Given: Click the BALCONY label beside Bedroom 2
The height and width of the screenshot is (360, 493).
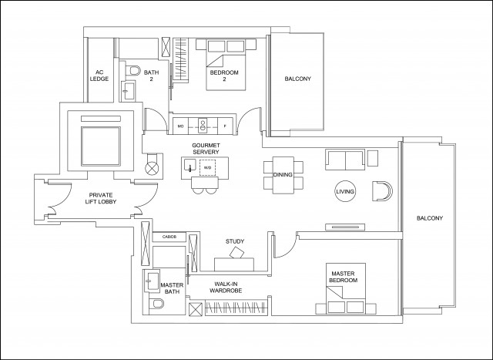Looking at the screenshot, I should [x=297, y=79].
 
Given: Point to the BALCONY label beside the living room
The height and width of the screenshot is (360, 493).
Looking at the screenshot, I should [x=429, y=218].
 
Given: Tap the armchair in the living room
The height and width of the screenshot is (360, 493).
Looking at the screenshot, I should [x=381, y=190].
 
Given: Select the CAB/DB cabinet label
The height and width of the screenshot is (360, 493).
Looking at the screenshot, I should [x=170, y=237].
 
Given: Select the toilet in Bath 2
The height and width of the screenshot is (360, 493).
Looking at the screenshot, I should [x=133, y=73].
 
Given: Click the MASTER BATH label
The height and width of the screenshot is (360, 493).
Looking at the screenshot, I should [x=171, y=288].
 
